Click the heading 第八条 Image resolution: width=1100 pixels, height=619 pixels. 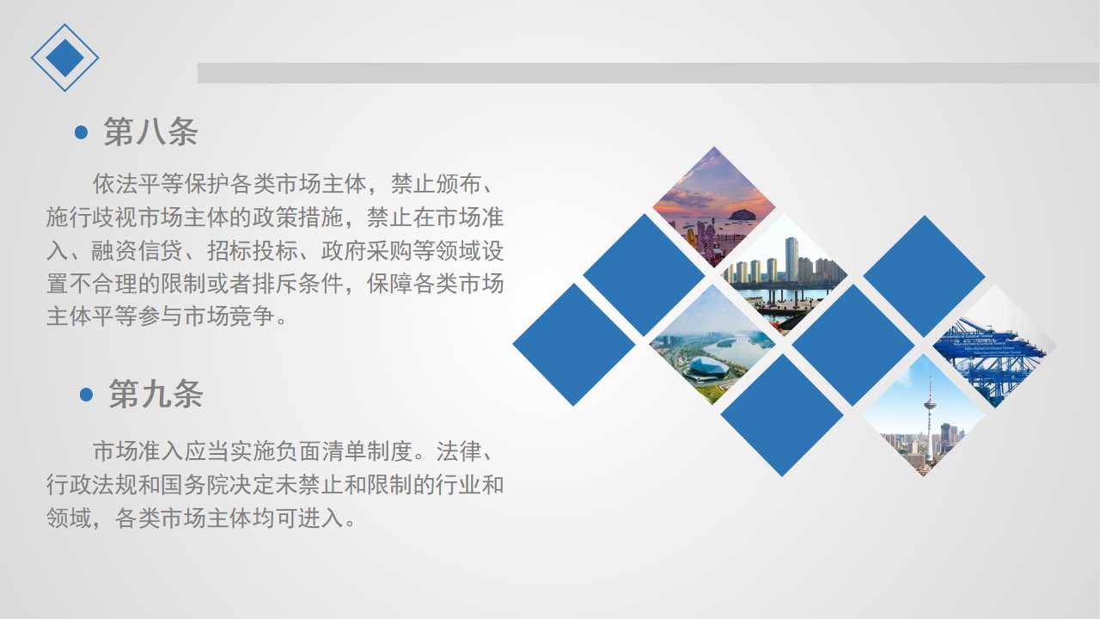click(x=150, y=132)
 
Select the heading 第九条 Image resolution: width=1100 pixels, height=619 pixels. click(x=156, y=394)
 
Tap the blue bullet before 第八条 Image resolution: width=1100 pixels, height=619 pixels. click(x=81, y=132)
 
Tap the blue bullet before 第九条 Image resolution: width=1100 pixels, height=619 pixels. click(x=86, y=395)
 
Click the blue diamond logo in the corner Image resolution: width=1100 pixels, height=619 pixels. click(x=64, y=58)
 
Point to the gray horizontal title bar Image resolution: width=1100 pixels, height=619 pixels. click(x=648, y=73)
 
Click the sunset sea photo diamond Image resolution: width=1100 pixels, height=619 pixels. click(x=713, y=207)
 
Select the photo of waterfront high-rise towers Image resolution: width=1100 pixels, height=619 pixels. click(x=785, y=276)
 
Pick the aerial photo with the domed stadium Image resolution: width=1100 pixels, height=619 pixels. click(x=712, y=345)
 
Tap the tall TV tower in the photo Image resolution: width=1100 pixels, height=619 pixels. click(x=929, y=418)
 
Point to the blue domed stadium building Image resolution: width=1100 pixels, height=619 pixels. click(x=707, y=367)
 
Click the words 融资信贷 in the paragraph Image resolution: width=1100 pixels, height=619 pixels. click(x=137, y=250)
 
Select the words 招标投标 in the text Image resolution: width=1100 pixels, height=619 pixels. click(x=252, y=250)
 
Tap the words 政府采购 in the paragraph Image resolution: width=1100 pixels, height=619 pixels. click(x=366, y=250)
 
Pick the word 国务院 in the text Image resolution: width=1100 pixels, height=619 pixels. click(x=194, y=485)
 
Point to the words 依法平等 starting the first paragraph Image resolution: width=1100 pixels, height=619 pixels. click(x=138, y=184)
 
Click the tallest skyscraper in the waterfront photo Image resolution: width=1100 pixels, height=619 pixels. click(x=791, y=260)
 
